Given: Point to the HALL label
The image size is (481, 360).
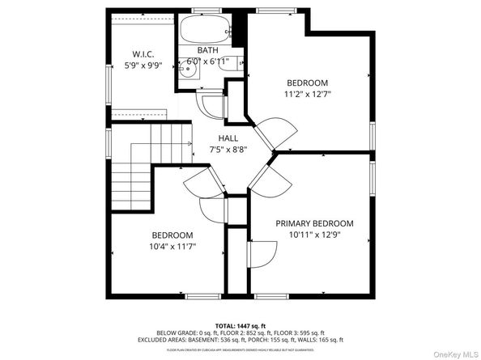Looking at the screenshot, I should [x=228, y=138].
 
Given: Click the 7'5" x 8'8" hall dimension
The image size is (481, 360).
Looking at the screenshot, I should [x=228, y=149].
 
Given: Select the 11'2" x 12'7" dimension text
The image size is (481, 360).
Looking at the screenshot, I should [x=308, y=94].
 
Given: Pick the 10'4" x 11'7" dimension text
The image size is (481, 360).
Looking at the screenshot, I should [x=172, y=246].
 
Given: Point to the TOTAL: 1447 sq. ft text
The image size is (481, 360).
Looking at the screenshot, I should [x=240, y=324].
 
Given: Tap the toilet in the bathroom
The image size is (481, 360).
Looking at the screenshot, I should [x=227, y=71].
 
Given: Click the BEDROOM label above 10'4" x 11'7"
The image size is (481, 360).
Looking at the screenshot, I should [x=172, y=235].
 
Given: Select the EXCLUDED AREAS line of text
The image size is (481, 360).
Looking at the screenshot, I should [x=240, y=341].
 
